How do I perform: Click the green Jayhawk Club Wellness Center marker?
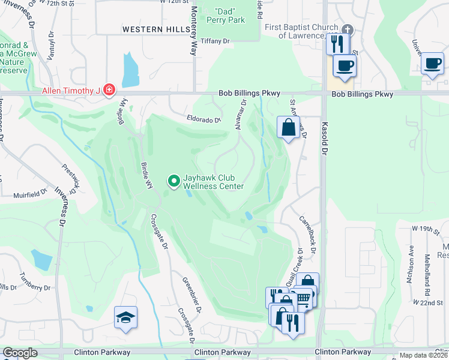[x=174, y=180]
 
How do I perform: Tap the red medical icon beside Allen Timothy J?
[x=109, y=91]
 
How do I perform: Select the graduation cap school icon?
[x=126, y=317]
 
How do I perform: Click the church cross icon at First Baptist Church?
[x=347, y=30]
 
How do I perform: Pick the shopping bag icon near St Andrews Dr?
[x=289, y=127]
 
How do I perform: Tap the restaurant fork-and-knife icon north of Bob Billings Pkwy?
[x=336, y=43]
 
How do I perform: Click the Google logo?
[x=20, y=353]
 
